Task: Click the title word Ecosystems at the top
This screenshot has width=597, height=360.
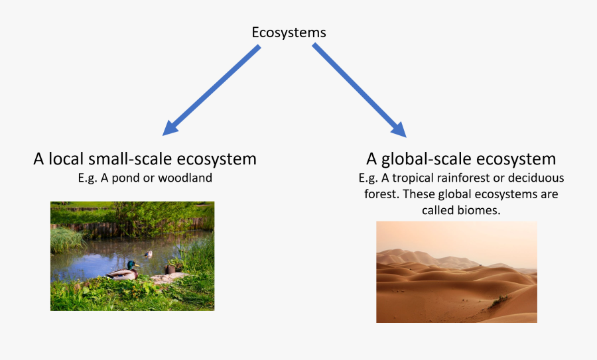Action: click(x=289, y=32)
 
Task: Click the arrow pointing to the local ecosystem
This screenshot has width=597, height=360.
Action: click(x=212, y=90)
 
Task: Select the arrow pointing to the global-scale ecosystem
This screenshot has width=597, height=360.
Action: click(x=359, y=90)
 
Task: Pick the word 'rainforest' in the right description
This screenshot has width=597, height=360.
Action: click(x=472, y=178)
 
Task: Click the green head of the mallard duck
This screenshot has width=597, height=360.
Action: click(x=132, y=265)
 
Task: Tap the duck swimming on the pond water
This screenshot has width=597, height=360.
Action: click(x=148, y=253)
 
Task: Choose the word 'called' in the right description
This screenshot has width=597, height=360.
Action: click(x=438, y=210)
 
